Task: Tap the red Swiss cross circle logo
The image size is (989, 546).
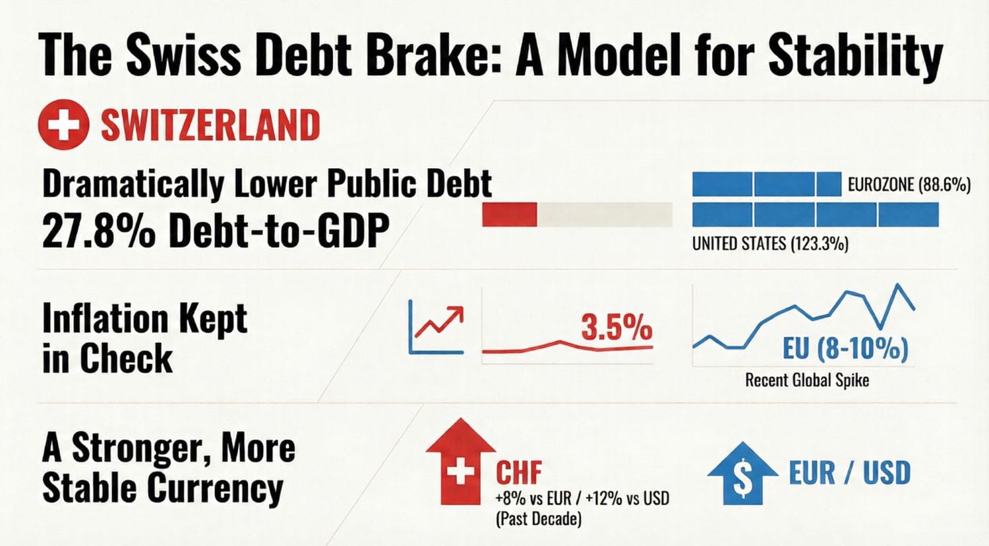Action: pyautogui.click(x=63, y=124)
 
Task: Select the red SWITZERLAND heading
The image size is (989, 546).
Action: pyautogui.click(x=210, y=125)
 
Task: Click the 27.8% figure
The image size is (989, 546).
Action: pyautogui.click(x=98, y=231)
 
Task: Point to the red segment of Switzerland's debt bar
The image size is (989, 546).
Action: pyautogui.click(x=510, y=215)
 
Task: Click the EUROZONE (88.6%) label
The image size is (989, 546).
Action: pyautogui.click(x=909, y=185)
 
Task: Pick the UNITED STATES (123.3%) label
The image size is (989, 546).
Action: pyautogui.click(x=769, y=244)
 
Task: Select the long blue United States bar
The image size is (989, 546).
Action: pyautogui.click(x=815, y=215)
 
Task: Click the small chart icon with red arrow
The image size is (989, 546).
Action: pyautogui.click(x=436, y=326)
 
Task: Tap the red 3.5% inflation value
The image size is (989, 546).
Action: pyautogui.click(x=616, y=327)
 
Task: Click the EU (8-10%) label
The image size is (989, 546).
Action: pyautogui.click(x=845, y=348)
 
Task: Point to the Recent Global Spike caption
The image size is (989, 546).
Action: pyautogui.click(x=806, y=380)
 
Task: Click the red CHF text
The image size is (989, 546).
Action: pyautogui.click(x=519, y=472)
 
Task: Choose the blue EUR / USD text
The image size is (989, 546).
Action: pyautogui.click(x=849, y=473)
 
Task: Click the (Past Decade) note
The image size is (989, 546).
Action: pyautogui.click(x=538, y=520)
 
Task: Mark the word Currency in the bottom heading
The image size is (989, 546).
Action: pyautogui.click(x=214, y=489)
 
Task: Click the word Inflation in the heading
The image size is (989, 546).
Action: pyautogui.click(x=105, y=319)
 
